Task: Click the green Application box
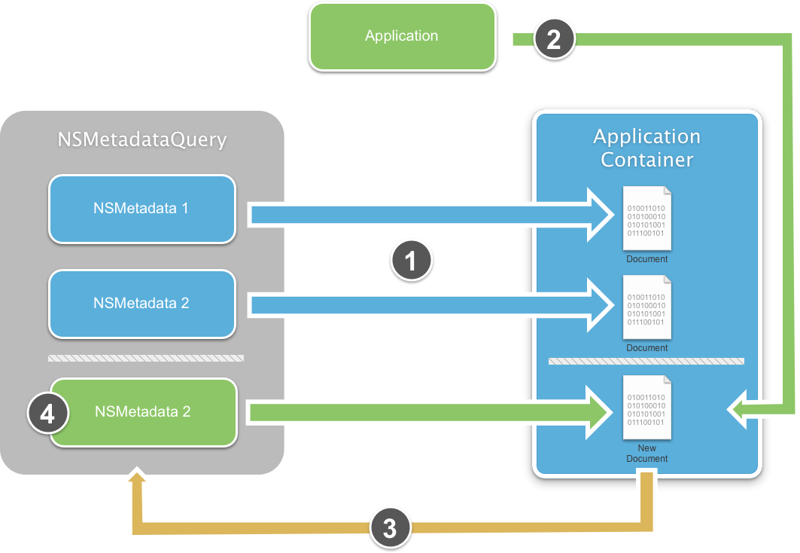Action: [402, 36]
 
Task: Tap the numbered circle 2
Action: [554, 39]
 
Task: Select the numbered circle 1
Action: [411, 261]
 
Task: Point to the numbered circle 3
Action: [390, 527]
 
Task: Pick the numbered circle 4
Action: [48, 414]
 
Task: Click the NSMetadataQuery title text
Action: [142, 140]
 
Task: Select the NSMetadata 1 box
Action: [142, 209]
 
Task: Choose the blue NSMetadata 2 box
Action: [142, 304]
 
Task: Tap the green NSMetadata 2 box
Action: [144, 412]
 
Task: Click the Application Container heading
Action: [647, 148]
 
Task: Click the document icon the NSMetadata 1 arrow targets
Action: [646, 218]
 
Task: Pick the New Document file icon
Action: [646, 408]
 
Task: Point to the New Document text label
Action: [646, 454]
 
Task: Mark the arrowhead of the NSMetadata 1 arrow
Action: [603, 215]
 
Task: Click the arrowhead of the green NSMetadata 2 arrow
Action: [603, 412]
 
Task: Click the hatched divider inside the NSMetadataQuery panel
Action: [146, 358]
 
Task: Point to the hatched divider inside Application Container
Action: [646, 362]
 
